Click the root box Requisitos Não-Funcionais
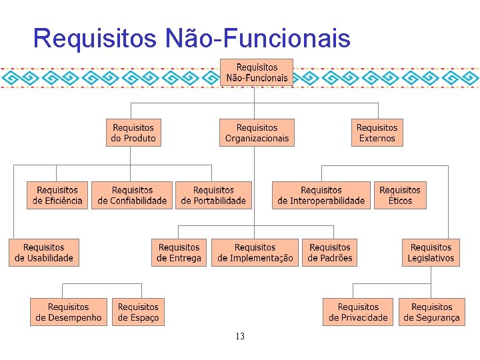coord(257,73)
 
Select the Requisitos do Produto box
coord(133,133)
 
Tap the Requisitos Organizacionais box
coord(257,133)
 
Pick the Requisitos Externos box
coord(377,133)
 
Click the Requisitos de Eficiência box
coord(57,195)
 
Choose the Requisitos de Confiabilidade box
coord(132,195)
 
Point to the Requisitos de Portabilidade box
coord(213,195)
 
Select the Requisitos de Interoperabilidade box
coord(321,195)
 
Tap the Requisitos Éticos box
coord(400,195)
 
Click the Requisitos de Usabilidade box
coord(44,253)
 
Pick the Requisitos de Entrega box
coord(179,253)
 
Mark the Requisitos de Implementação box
coord(255,253)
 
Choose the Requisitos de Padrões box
coord(329,253)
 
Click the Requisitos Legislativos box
coord(431,253)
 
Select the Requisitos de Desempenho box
coord(69,312)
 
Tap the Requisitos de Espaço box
coord(138,312)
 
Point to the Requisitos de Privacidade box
coord(358,312)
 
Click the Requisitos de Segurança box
coord(431,312)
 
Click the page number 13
coord(240,337)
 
